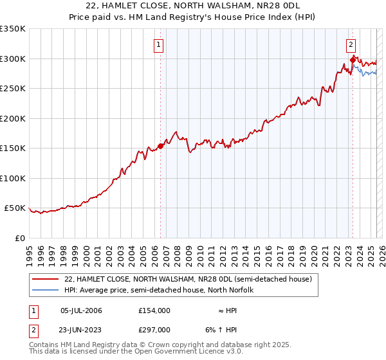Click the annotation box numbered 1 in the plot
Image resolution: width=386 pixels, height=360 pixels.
click(158, 45)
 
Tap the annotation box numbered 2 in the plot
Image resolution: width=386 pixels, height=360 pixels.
click(351, 45)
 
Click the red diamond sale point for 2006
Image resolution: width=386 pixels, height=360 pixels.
click(160, 146)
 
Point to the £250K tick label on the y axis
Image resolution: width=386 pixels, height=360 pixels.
click(13, 88)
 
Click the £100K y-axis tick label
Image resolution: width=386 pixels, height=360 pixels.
click(13, 178)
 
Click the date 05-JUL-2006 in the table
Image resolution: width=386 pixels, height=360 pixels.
click(81, 310)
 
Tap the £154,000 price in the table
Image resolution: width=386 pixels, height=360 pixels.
click(154, 310)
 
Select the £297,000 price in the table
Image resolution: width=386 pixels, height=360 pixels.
click(154, 329)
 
